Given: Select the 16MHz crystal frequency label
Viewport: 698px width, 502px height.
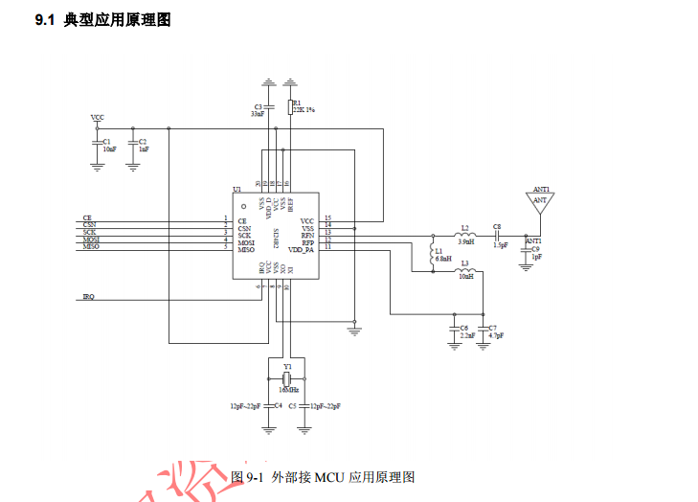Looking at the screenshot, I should pos(289,390).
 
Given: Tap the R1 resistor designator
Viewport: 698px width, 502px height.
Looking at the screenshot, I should pos(297,103).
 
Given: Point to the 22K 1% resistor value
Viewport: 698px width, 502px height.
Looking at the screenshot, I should pos(304,110).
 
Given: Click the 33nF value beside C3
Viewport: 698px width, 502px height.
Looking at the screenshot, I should pos(258,113).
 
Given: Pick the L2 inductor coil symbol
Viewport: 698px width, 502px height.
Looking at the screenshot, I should pos(465,236).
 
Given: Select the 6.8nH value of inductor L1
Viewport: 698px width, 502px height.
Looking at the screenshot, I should pos(443,259).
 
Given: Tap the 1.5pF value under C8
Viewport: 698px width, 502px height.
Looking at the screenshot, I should pos(500,244).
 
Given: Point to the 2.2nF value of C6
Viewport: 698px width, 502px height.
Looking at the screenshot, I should pos(467,336).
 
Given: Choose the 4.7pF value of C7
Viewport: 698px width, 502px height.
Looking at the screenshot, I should pos(496,336).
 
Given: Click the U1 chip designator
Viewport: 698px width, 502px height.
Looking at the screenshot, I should pos(236,190).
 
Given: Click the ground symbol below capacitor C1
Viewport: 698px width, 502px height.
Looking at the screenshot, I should pos(97,166).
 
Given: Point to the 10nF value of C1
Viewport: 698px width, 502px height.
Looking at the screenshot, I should pos(109,149).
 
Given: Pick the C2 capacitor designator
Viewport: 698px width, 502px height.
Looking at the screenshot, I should pos(144,142).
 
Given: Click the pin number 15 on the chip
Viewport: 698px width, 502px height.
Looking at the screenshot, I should pos(327,218).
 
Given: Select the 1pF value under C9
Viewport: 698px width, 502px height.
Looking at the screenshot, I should pos(536,257).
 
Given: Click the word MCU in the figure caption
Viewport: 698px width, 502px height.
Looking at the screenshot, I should pos(330,476).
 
